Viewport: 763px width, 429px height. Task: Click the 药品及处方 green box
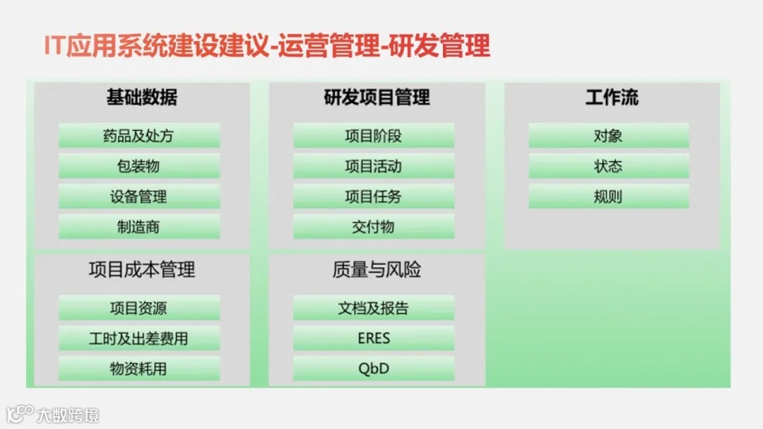click(x=139, y=136)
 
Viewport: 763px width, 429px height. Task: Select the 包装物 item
click(x=139, y=166)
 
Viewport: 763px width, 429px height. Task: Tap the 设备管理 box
click(x=139, y=196)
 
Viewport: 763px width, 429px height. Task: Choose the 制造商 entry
click(x=139, y=227)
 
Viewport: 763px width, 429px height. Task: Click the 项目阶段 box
click(x=374, y=136)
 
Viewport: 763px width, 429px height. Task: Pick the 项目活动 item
click(x=374, y=166)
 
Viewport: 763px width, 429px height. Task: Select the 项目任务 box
click(x=374, y=196)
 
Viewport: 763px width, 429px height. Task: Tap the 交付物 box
click(x=374, y=227)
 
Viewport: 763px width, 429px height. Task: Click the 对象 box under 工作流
click(x=608, y=136)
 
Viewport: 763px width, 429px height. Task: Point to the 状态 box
click(x=608, y=166)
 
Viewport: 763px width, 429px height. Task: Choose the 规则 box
click(x=608, y=196)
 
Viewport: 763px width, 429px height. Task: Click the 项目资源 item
click(x=139, y=308)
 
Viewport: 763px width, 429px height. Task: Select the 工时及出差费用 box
click(x=139, y=339)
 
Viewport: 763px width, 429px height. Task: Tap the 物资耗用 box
click(x=139, y=368)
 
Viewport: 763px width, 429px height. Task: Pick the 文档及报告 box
click(x=374, y=308)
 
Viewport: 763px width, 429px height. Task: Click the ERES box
click(x=374, y=339)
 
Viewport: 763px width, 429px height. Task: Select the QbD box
click(x=374, y=368)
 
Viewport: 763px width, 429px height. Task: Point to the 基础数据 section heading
click(x=142, y=98)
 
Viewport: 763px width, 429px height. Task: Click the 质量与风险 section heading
click(x=377, y=269)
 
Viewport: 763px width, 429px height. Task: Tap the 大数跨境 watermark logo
click(x=53, y=414)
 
